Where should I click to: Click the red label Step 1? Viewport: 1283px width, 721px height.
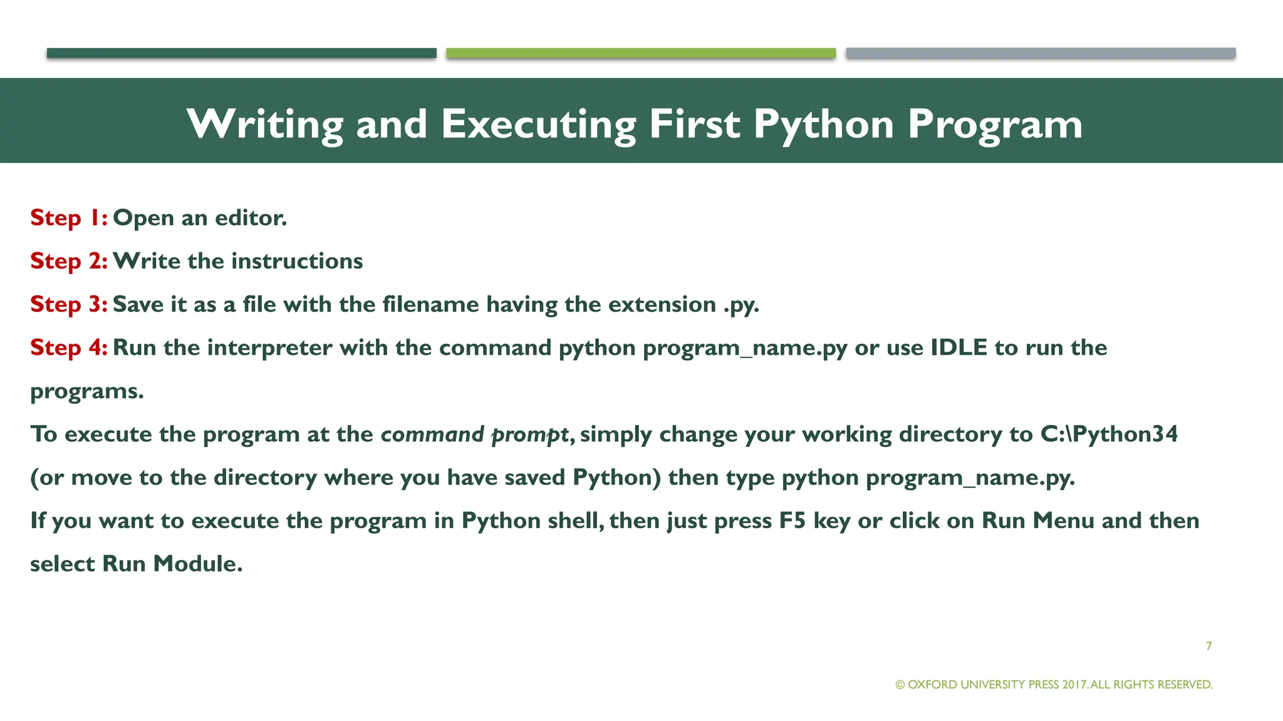coord(69,218)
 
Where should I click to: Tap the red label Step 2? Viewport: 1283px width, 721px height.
coord(69,261)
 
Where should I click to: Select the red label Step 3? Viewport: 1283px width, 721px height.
coord(69,304)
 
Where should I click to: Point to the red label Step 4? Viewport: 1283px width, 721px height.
coord(69,347)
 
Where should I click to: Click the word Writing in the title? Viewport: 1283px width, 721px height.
coord(265,124)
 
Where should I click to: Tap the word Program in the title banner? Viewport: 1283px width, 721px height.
coord(995,124)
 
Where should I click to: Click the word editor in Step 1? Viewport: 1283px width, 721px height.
coord(251,218)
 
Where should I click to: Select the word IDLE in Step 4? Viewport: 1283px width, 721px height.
coord(958,347)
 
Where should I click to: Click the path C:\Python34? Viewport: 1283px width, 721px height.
coord(1109,434)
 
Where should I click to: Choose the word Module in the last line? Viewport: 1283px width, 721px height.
coord(197,564)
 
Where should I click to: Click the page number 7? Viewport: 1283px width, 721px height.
coord(1208,646)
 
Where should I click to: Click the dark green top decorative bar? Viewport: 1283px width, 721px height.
coord(241,53)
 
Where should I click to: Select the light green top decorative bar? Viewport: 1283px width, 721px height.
coord(641,53)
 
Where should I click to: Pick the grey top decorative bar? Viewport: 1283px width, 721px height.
coord(1041,53)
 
